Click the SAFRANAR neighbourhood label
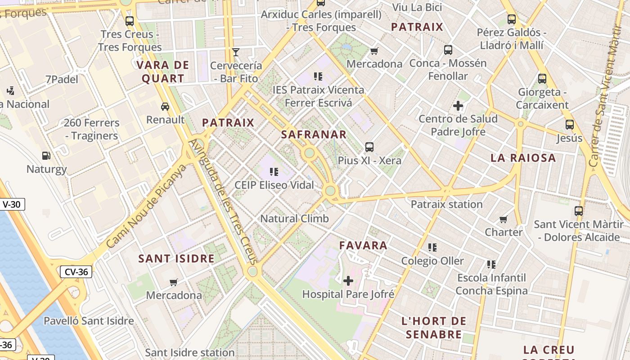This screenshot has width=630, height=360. click(314, 134)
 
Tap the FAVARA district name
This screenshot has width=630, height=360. click(363, 245)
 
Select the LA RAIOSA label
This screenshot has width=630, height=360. click(523, 158)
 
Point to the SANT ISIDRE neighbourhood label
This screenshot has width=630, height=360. click(176, 259)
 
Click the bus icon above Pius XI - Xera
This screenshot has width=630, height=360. click(369, 147)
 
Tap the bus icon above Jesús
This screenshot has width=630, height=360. click(569, 125)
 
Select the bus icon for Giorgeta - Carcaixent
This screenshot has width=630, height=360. click(542, 79)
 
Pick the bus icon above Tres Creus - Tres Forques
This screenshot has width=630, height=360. click(130, 21)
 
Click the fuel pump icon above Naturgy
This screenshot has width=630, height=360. click(46, 156)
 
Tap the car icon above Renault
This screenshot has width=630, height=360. click(165, 106)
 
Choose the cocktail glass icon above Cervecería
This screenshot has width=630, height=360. click(235, 52)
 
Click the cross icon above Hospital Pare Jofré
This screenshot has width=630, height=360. click(348, 281)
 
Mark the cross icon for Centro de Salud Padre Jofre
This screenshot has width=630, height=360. click(458, 106)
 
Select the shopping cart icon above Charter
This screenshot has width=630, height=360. click(503, 219)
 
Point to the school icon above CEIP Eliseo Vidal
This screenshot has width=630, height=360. click(274, 171)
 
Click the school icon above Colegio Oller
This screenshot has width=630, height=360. click(432, 247)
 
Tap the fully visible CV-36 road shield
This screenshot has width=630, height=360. click(76, 271)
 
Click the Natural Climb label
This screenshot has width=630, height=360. click(295, 219)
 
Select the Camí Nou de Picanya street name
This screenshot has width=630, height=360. click(147, 206)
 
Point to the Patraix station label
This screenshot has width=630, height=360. click(446, 204)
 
